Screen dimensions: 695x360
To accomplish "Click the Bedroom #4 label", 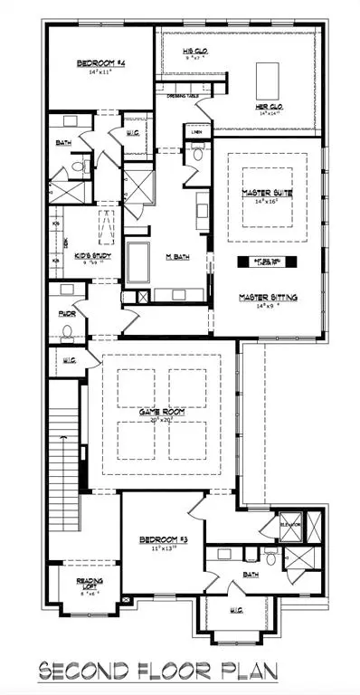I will click(99, 63).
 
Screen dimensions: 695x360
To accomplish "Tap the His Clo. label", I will click(195, 52).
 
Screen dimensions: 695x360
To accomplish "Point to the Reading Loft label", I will click(88, 585).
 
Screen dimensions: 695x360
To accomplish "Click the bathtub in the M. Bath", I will click(141, 262).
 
